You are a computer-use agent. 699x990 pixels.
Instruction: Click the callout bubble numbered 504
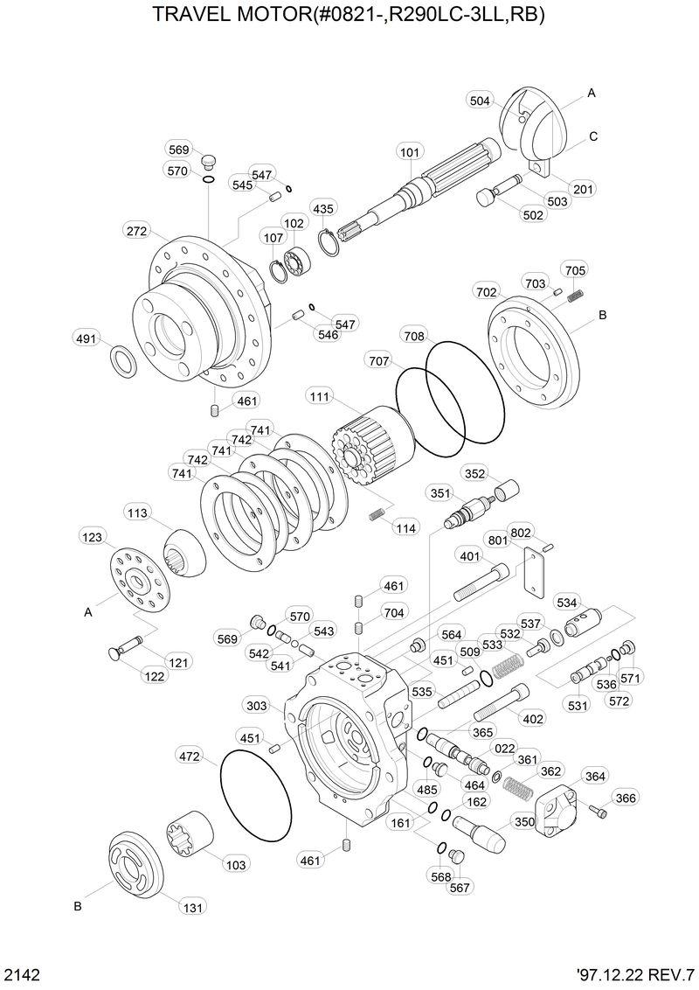[x=480, y=100]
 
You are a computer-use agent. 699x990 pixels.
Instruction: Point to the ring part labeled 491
[x=123, y=359]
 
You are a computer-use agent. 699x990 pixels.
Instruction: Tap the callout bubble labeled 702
[x=488, y=291]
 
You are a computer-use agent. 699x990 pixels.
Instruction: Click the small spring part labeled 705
[x=575, y=296]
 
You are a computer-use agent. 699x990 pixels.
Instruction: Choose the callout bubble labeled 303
[x=257, y=706]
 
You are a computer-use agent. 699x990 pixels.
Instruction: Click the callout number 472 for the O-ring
[x=189, y=755]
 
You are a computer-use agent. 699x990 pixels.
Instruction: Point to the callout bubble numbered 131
[x=193, y=908]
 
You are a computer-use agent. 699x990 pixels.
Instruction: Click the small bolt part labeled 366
[x=597, y=812]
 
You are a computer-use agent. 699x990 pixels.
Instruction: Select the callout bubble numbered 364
[x=594, y=777]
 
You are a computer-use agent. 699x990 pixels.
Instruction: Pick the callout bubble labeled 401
[x=469, y=556]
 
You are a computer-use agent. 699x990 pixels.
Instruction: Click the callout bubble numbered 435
[x=323, y=209]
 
